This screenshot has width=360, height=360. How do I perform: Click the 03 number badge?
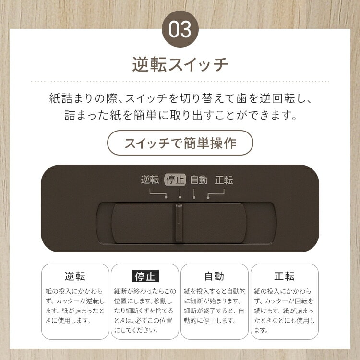pyautogui.click(x=180, y=29)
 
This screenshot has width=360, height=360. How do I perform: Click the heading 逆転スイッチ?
pyautogui.click(x=180, y=64)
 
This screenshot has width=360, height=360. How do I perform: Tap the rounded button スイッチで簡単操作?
pyautogui.click(x=180, y=143)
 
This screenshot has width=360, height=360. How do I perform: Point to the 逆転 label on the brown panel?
pyautogui.click(x=150, y=180)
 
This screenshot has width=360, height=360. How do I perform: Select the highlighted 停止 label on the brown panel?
pyautogui.click(x=175, y=180)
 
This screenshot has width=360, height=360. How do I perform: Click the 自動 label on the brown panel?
pyautogui.click(x=199, y=180)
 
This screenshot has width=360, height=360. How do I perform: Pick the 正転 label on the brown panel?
pyautogui.click(x=224, y=180)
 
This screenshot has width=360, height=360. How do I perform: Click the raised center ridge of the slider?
pyautogui.click(x=179, y=223)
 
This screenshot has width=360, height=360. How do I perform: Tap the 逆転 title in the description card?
pyautogui.click(x=75, y=276)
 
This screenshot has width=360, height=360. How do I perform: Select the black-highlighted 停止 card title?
pyautogui.click(x=145, y=276)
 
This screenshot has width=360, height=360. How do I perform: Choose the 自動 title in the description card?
pyautogui.click(x=215, y=276)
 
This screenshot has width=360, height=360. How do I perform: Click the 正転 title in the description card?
pyautogui.click(x=285, y=276)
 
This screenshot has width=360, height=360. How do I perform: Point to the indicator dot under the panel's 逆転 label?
pyautogui.click(x=166, y=197)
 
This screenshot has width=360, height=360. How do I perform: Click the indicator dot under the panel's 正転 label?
pyautogui.click(x=208, y=197)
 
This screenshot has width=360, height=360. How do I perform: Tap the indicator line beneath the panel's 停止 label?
pyautogui.click(x=180, y=193)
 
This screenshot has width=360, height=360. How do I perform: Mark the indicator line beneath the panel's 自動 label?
pyautogui.click(x=194, y=193)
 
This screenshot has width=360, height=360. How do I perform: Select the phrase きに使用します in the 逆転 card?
pyautogui.click(x=69, y=320)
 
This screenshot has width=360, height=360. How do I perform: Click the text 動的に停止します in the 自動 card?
pyautogui.click(x=210, y=320)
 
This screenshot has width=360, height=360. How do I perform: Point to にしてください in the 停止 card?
pyautogui.click(x=136, y=330)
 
